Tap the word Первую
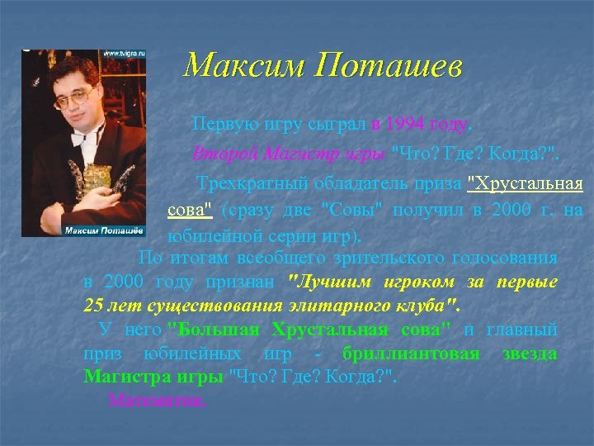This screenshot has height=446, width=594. pos(219,125)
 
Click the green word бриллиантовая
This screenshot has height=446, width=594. pos(412,354)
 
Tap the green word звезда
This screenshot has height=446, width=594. pos(530,354)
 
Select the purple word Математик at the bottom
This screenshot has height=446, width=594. pos(158,401)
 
